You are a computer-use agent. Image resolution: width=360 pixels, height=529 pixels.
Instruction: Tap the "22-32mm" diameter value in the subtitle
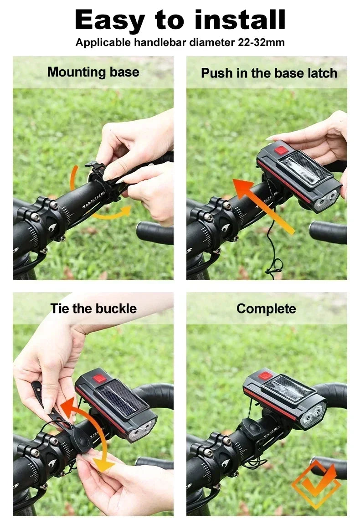(261, 43)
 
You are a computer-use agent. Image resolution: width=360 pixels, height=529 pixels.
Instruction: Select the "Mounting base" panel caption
(93, 72)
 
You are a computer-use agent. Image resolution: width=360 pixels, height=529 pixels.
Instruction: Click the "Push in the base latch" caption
(269, 73)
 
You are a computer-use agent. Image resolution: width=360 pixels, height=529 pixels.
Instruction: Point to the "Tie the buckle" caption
(93, 308)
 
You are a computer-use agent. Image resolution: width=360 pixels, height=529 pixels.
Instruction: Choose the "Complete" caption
(266, 308)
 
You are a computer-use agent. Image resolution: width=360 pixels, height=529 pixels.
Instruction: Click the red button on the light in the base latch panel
(279, 149)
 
